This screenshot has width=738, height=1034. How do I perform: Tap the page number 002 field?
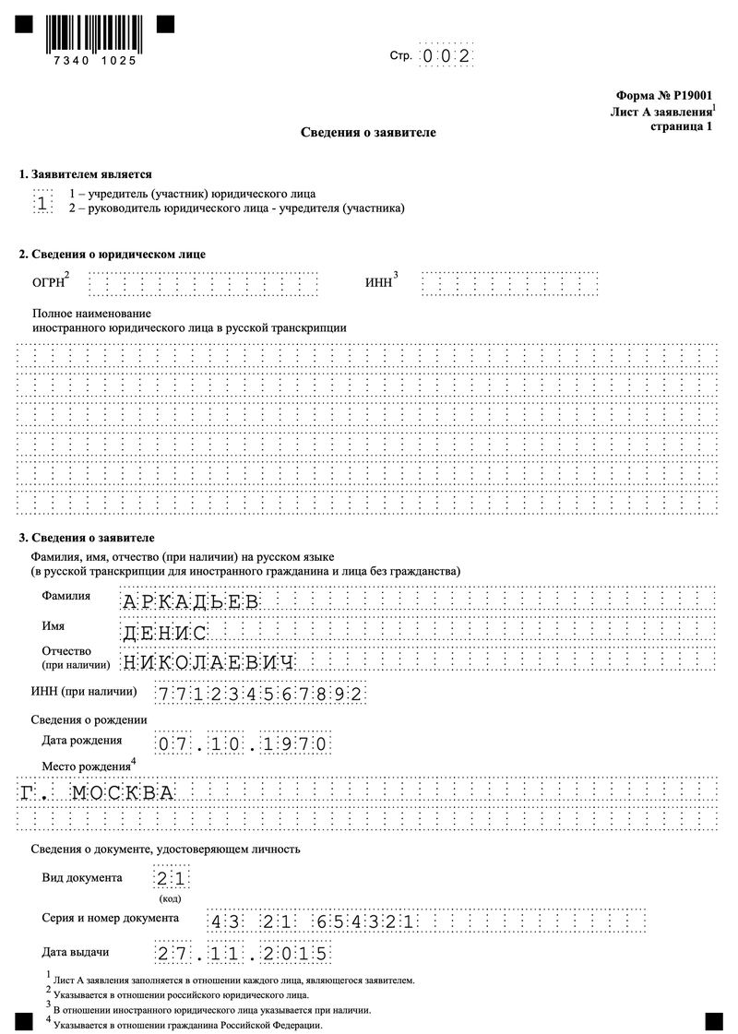(446, 56)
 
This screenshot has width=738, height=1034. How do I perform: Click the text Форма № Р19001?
(662, 95)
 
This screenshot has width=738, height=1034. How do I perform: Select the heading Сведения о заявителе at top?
(368, 133)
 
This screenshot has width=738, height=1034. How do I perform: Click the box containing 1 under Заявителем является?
(43, 202)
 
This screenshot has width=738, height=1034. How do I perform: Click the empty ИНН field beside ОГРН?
(509, 283)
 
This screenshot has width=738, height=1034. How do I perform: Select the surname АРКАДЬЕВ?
(190, 603)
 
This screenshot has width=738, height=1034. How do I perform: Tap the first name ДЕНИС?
(164, 633)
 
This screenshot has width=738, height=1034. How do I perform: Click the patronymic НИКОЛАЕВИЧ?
(208, 662)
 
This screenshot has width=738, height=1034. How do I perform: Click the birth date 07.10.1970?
(242, 743)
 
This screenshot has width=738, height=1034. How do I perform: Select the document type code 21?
(172, 878)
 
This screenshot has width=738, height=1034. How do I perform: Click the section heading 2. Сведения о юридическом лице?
(113, 254)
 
